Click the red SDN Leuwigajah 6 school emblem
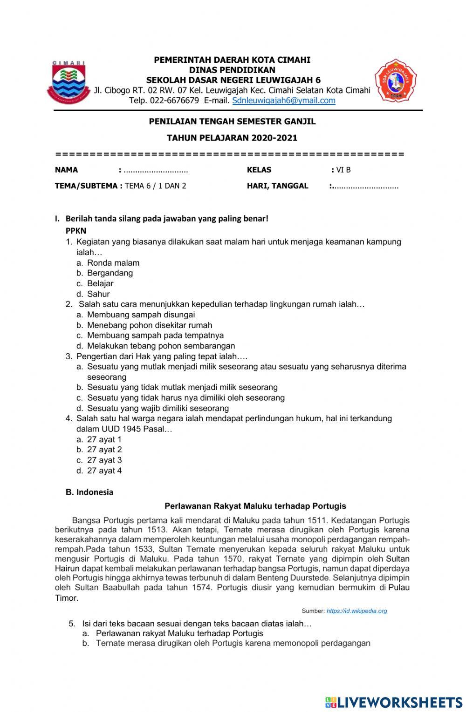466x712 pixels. point(396,81)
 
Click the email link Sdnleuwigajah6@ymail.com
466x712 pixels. point(283,101)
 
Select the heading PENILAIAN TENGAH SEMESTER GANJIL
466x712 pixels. point(232,121)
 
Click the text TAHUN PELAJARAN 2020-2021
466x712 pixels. point(232,138)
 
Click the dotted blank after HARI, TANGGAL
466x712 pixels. point(366,186)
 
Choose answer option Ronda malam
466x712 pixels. point(113,263)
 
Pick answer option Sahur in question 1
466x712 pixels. point(98,294)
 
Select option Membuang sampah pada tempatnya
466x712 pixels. point(155,336)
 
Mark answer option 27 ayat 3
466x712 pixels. point(104,460)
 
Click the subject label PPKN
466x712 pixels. point(76,230)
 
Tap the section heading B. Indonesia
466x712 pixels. point(89,492)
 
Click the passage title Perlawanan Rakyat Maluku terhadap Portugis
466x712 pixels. point(255,506)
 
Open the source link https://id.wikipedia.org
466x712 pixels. point(356,611)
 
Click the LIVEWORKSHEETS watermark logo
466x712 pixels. point(393,702)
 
